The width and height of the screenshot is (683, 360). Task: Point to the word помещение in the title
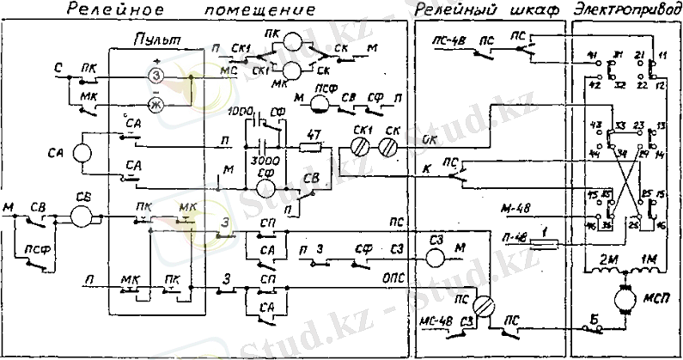[x=257, y=9]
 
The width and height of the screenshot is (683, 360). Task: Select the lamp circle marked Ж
[x=156, y=105]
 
